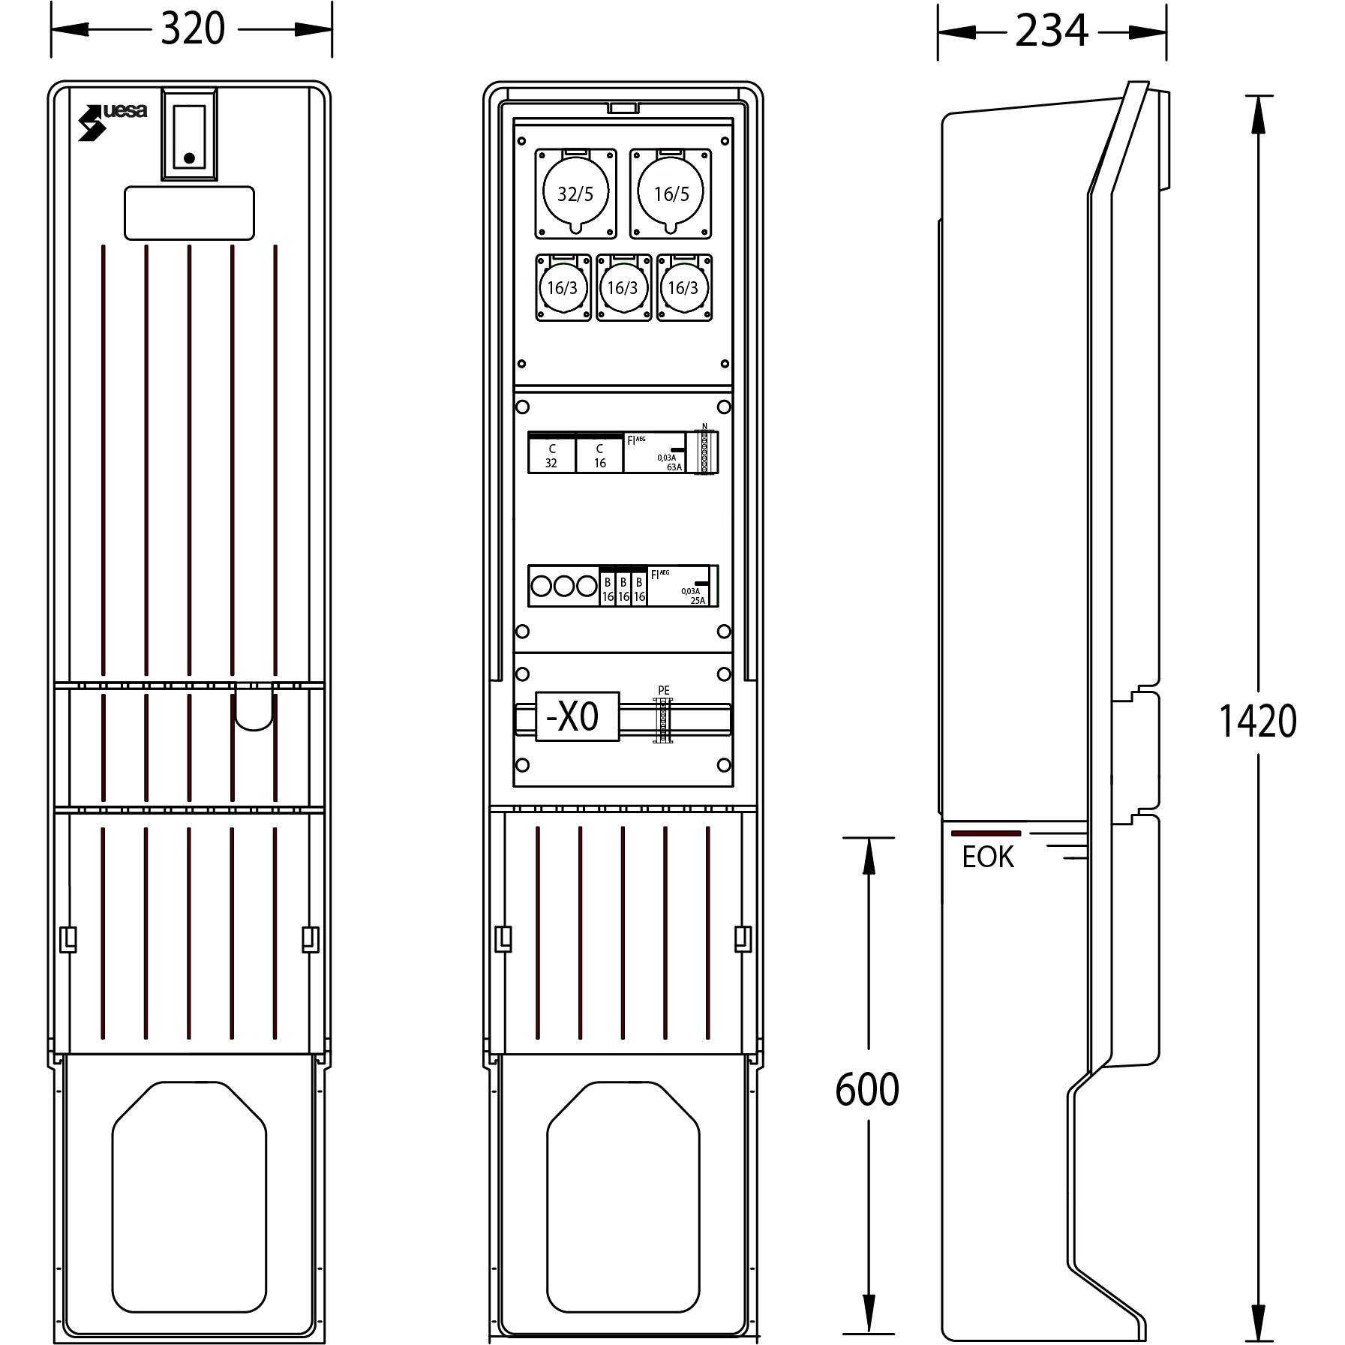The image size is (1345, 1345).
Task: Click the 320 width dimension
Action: click(x=192, y=30)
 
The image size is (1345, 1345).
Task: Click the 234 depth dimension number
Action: click(x=1051, y=32)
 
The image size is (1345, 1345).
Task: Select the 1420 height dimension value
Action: click(x=1257, y=721)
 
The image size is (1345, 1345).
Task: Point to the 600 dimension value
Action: click(x=866, y=1089)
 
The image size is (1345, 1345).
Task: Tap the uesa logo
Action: click(x=113, y=119)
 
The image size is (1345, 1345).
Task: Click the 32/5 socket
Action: click(x=575, y=194)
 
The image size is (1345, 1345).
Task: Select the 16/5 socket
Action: click(x=671, y=194)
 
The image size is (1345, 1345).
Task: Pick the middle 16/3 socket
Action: click(x=623, y=287)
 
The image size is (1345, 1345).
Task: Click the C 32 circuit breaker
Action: click(x=551, y=455)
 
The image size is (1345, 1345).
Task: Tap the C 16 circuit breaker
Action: click(x=599, y=455)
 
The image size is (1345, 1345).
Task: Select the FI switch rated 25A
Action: click(x=678, y=587)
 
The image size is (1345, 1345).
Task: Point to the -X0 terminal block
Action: click(x=576, y=717)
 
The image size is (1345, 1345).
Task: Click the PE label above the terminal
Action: click(x=663, y=690)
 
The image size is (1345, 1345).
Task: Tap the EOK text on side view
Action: click(x=987, y=857)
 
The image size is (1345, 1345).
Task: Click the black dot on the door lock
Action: click(x=189, y=158)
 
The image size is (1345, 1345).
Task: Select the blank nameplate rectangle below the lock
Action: click(x=189, y=213)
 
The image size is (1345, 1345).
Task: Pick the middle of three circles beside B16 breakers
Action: click(x=563, y=586)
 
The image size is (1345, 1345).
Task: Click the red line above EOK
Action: click(x=986, y=833)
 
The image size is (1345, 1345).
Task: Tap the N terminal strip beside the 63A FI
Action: click(x=704, y=452)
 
